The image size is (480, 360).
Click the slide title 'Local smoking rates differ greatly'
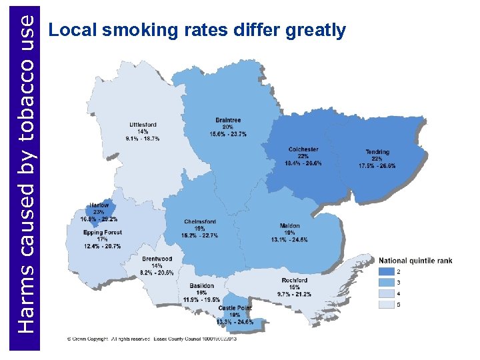tap(198, 30)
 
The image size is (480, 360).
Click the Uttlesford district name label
tap(143, 125)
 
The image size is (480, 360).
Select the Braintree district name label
tap(228, 120)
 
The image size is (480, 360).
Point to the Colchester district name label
tap(303, 149)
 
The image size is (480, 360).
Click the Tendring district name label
tap(377, 152)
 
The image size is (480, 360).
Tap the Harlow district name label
tap(99, 205)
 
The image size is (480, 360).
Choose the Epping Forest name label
tap(103, 233)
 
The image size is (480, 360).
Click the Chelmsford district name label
tap(200, 221)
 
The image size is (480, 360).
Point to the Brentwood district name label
tap(157, 259)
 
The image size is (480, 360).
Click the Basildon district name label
tap(201, 286)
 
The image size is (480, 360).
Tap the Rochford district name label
tap(294, 280)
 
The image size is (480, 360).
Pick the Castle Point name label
tap(235, 308)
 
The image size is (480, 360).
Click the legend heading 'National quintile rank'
tap(415, 259)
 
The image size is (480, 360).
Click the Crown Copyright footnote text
tap(152, 339)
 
